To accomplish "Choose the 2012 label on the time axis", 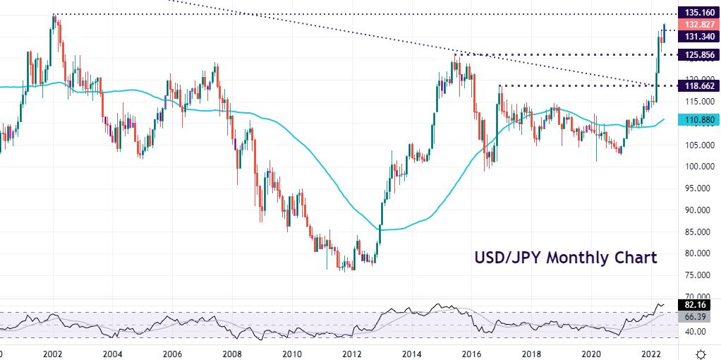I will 353,352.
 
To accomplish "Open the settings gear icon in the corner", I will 701,352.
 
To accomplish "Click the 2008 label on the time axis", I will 233,352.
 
